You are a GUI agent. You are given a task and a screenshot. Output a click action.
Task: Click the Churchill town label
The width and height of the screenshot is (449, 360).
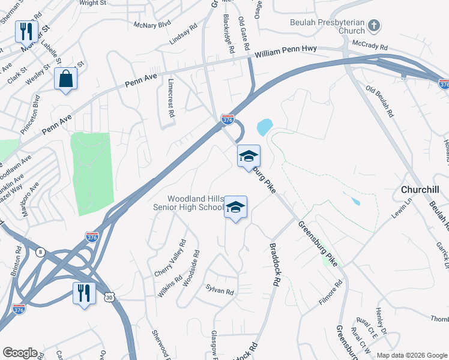(420, 190)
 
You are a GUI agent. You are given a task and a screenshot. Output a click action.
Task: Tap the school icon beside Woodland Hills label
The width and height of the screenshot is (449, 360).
(236, 208)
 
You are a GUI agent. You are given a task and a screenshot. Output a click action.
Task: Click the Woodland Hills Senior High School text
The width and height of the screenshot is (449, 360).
(196, 203)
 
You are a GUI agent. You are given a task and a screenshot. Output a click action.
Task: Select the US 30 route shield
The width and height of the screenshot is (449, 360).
(109, 296)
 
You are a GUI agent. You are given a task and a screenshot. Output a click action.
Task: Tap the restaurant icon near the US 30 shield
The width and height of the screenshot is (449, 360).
(83, 293)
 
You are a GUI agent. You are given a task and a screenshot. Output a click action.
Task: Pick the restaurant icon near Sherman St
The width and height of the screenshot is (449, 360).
(26, 31)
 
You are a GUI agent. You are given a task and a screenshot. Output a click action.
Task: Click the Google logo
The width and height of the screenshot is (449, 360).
(20, 353)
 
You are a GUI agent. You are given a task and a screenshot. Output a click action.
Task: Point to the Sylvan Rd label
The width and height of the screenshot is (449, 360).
(219, 291)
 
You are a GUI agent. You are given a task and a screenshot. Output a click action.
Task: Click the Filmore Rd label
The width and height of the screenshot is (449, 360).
(330, 292)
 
